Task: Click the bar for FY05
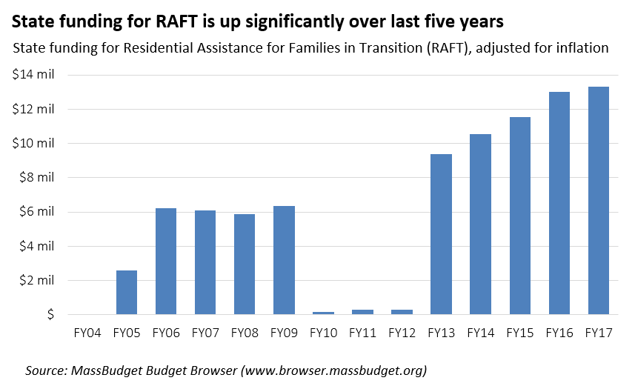[127, 292]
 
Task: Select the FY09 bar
[284, 260]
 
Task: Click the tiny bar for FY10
[323, 313]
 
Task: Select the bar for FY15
[519, 216]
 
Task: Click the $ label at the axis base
[52, 315]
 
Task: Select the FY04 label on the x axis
[87, 333]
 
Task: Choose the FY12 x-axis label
[402, 333]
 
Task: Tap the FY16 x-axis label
[559, 333]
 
